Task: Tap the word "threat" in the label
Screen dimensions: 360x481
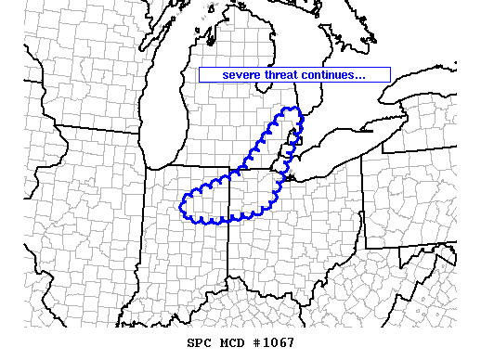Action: [x=284, y=75]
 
